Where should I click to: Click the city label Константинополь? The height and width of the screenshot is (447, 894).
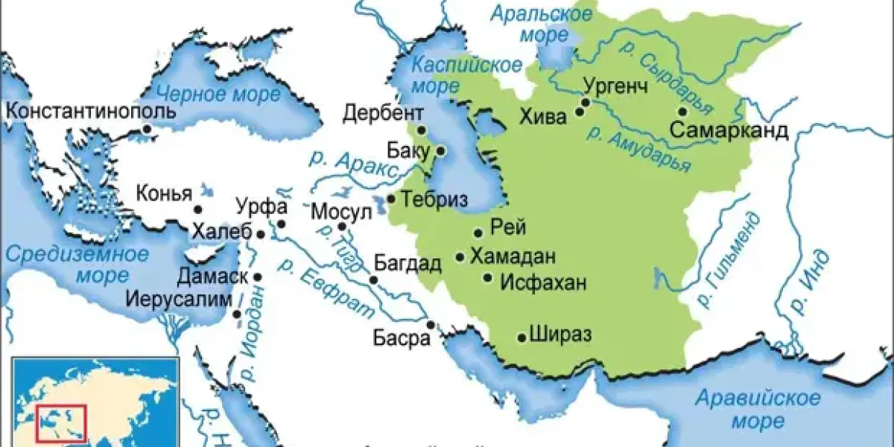[90, 112]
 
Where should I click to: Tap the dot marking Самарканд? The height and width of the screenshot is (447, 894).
[682, 112]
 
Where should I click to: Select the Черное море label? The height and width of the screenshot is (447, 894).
[218, 94]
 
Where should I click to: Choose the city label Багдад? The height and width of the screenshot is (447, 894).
[408, 263]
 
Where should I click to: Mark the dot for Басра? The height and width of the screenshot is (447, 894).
[431, 324]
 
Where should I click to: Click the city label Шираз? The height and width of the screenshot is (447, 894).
[560, 335]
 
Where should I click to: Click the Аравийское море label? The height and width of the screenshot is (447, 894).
[757, 409]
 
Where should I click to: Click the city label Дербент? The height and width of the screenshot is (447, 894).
[383, 113]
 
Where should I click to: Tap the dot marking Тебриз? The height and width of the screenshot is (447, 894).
[391, 199]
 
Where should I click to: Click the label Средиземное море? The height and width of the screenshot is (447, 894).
[77, 264]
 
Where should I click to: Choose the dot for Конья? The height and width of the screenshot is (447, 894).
[198, 210]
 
